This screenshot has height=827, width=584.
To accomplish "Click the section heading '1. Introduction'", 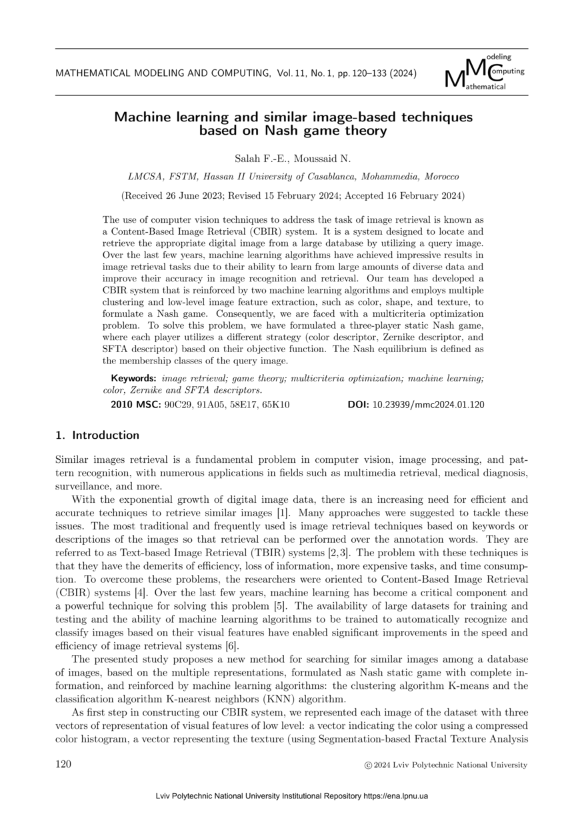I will (x=97, y=436).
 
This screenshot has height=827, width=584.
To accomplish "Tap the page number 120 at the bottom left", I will (x=63, y=764).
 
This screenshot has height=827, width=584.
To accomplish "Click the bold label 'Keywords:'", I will (x=133, y=378).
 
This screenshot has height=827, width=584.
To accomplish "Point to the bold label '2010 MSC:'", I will (x=135, y=404).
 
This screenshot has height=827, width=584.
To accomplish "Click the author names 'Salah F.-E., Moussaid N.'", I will (x=293, y=158).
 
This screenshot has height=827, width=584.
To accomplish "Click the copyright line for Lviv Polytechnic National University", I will (x=442, y=765).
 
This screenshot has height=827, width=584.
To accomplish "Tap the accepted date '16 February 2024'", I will (x=417, y=196).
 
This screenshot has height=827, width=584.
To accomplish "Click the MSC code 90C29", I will (x=180, y=404).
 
